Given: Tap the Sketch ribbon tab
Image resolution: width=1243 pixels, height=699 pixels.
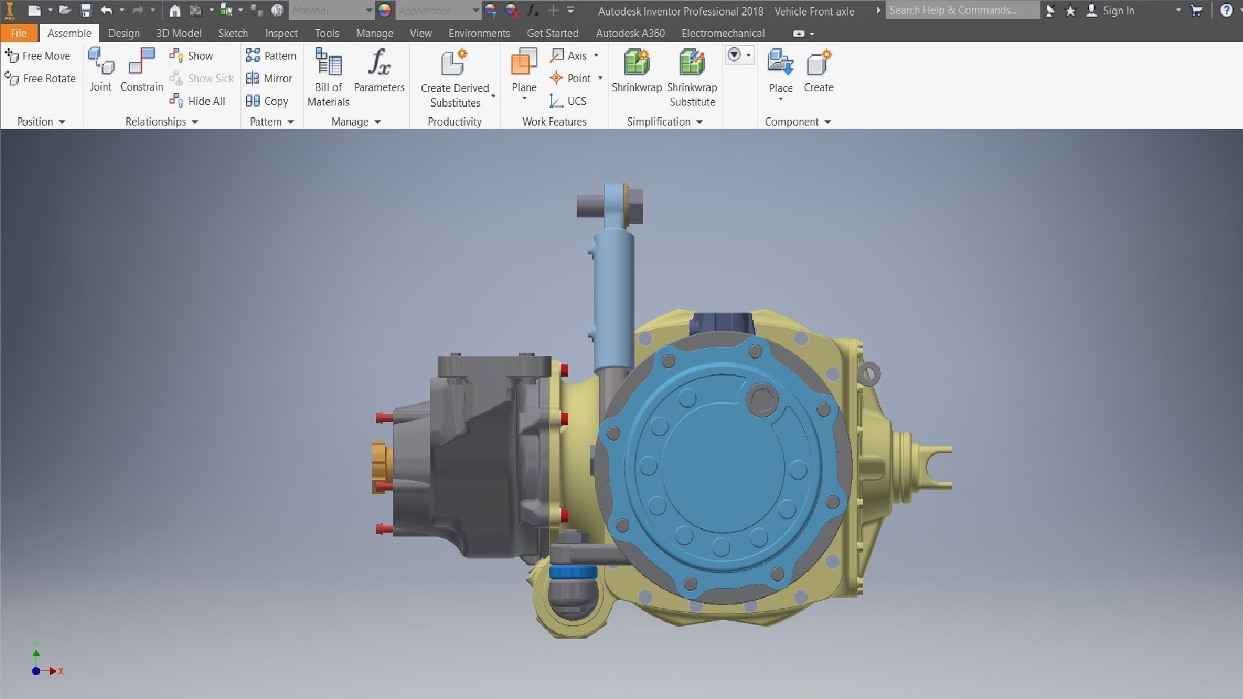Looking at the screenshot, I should click(232, 33).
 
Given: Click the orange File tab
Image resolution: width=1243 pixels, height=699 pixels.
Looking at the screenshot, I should click(18, 33).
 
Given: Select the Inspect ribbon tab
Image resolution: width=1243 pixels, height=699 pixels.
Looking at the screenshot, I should click(281, 33).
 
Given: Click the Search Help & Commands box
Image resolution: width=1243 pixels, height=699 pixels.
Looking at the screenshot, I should click(961, 10).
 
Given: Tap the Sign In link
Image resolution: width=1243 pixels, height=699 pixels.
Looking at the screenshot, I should click(1117, 11).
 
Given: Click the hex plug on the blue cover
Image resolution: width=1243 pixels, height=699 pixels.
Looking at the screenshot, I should click(761, 398).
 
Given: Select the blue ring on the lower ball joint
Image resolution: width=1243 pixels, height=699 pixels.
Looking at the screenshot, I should click(572, 572).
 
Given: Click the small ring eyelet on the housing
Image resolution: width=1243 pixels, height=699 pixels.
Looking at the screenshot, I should click(868, 373).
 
